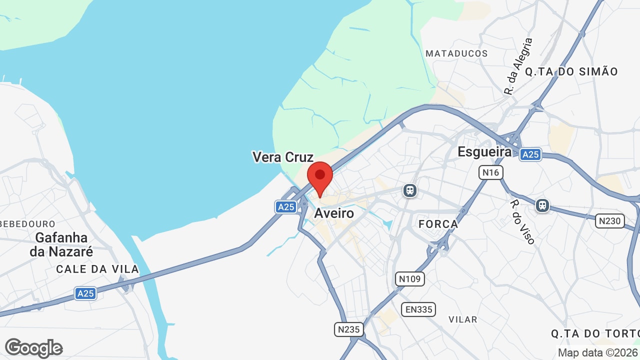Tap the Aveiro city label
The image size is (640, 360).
[334, 213]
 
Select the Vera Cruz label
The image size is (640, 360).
[283, 157]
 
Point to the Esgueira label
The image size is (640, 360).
[484, 152]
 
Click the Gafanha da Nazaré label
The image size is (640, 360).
[61, 244]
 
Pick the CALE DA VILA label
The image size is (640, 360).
[97, 269]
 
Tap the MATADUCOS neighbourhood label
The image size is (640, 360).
[456, 53]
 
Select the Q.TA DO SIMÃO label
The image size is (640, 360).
[571, 71]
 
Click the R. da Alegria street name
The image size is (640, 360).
[518, 66]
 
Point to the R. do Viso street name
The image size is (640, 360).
[522, 222]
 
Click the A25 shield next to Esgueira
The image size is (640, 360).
[530, 154]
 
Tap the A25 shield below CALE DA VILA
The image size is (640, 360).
[85, 293]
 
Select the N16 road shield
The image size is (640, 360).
[491, 172]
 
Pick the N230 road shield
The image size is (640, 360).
[610, 220]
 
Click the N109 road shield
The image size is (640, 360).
[410, 278]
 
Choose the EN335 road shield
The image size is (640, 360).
[419, 309]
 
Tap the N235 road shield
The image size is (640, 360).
[348, 329]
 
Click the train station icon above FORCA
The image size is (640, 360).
[410, 190]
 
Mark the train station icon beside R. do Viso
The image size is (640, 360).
[542, 205]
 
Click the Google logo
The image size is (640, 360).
[34, 348]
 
